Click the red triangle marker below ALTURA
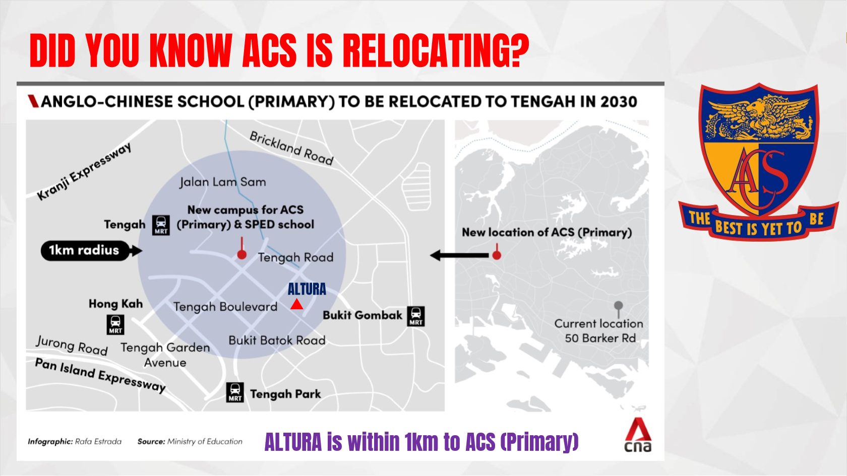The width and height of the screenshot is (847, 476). [297, 304]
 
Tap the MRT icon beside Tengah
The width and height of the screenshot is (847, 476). [161, 226]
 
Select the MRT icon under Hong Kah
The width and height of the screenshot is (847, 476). [115, 325]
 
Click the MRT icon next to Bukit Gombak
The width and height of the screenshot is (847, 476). [416, 316]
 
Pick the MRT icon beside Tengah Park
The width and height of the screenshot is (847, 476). [235, 392]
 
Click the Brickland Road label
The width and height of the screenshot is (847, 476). [291, 148]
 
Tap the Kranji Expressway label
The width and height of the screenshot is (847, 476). [84, 171]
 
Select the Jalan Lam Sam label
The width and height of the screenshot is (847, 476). [223, 182]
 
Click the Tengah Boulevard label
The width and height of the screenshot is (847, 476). [225, 307]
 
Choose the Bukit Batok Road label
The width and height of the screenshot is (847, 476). [277, 341]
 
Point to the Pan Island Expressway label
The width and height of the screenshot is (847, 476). [101, 375]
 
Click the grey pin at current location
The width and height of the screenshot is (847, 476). [618, 309]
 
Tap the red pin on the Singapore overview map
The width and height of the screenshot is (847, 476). [497, 252]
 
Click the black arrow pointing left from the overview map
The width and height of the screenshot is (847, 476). [459, 255]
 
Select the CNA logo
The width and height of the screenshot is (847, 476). [638, 435]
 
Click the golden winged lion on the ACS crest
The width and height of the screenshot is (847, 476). [758, 117]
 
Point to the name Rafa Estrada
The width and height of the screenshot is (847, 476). [98, 441]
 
